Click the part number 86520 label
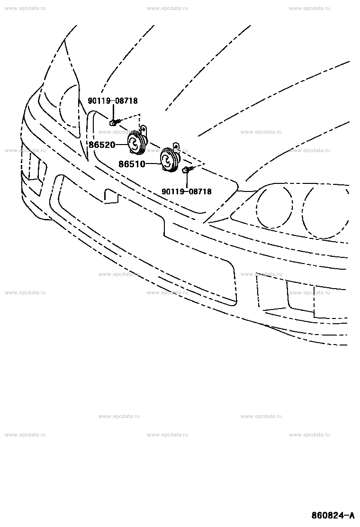pyautogui.click(x=102, y=145)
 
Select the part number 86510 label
pyautogui.click(x=132, y=164)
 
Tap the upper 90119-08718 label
pyautogui.click(x=113, y=100)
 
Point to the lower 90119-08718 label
pyautogui.click(x=187, y=191)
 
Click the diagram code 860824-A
pyautogui.click(x=333, y=515)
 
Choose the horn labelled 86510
pyautogui.click(x=170, y=160)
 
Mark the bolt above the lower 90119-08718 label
pyautogui.click(x=186, y=170)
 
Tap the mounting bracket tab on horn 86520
pyautogui.click(x=144, y=129)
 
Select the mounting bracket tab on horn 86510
pyautogui.click(x=176, y=145)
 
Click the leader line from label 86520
pyautogui.click(x=121, y=145)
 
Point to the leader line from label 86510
pyautogui.click(x=153, y=164)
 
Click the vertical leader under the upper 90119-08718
pyautogui.click(x=113, y=111)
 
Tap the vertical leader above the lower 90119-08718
pyautogui.click(x=186, y=181)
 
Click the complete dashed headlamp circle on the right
pyautogui.click(x=274, y=206)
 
